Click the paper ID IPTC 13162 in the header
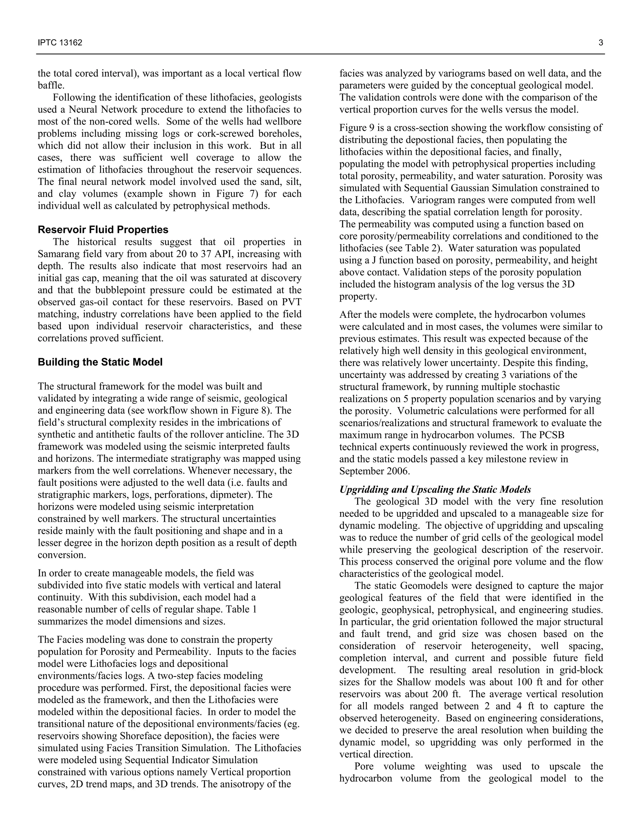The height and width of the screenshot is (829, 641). click(60, 43)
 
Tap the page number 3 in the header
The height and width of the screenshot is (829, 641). click(601, 43)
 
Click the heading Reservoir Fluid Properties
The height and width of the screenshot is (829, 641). click(103, 230)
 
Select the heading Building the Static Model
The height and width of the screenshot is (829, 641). click(100, 362)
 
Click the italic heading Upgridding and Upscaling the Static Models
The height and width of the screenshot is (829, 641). click(435, 489)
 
